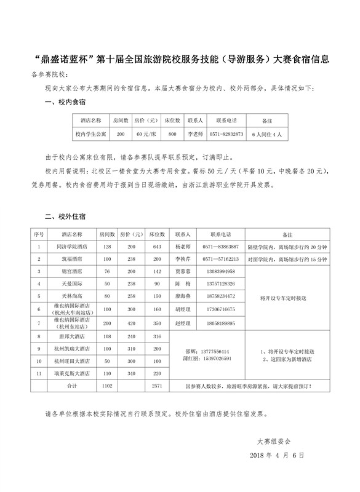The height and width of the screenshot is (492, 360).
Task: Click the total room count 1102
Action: pos(108,386)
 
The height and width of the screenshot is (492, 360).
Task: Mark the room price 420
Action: pos(131,323)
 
